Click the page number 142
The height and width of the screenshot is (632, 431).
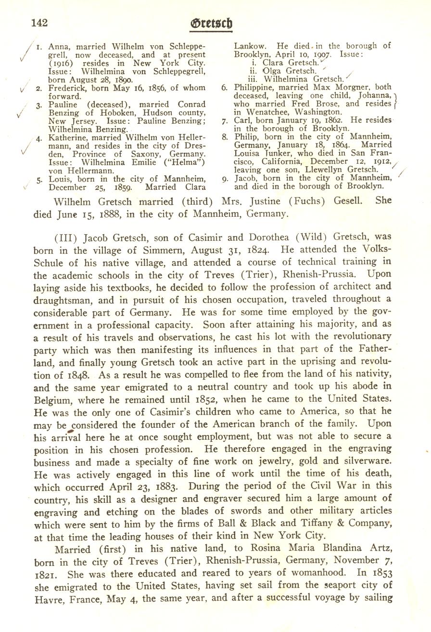[x=40, y=22]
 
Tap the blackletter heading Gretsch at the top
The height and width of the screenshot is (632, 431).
[x=211, y=23]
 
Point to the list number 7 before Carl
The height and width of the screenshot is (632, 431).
[x=225, y=120]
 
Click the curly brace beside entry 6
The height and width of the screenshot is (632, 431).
[x=394, y=99]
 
